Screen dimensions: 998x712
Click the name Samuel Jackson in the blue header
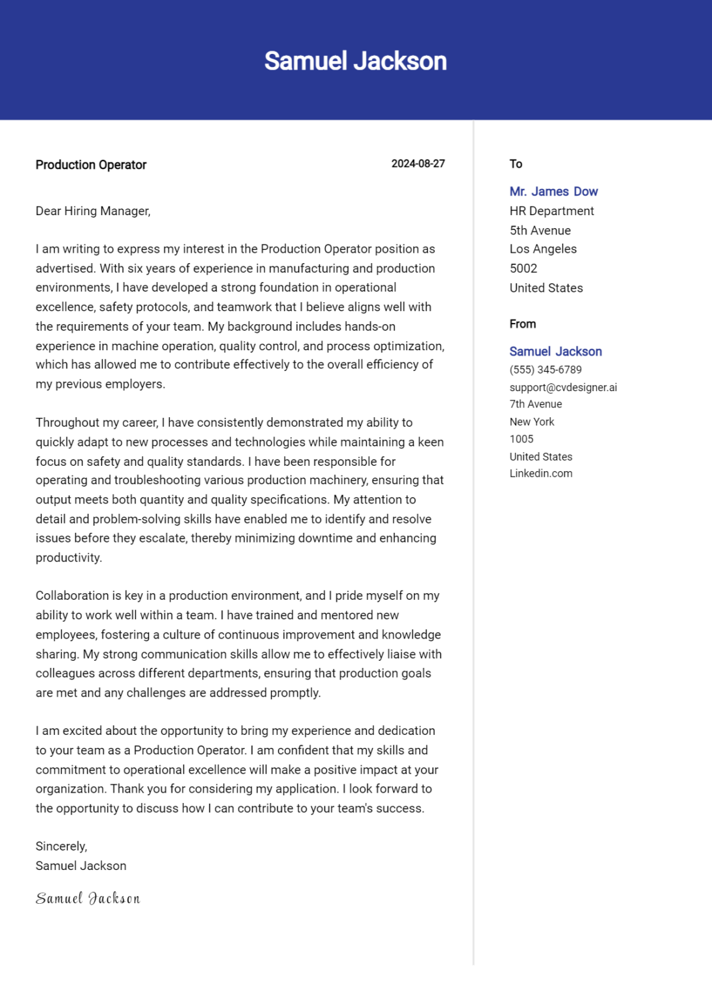355,61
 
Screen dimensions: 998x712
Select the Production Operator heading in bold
91,165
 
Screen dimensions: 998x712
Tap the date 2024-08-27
417,164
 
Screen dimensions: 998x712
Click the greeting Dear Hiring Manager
93,211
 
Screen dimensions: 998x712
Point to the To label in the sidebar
516,164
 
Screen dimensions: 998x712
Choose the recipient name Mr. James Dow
553,192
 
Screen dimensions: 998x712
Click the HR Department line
551,211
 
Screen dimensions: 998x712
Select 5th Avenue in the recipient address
540,231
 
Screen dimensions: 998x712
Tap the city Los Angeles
543,249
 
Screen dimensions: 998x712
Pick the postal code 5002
523,268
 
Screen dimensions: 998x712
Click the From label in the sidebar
522,324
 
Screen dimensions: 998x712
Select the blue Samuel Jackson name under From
555,352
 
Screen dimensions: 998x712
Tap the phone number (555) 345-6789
545,370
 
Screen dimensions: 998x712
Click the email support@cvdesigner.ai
563,387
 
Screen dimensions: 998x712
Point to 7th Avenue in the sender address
535,404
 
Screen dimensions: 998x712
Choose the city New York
531,422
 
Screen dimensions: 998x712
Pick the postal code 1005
521,439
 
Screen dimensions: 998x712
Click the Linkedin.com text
540,474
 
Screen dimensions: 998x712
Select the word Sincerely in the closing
60,846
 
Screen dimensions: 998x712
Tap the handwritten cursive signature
88,899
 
